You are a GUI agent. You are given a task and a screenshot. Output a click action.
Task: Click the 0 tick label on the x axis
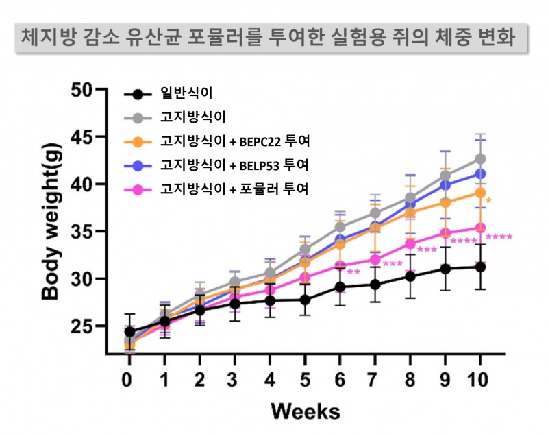[x=127, y=379]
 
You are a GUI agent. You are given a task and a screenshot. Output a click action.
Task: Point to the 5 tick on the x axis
[x=305, y=379]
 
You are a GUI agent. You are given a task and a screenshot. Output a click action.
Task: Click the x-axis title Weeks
[x=304, y=411]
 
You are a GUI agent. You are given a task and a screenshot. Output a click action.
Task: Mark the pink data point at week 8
[x=410, y=243]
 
